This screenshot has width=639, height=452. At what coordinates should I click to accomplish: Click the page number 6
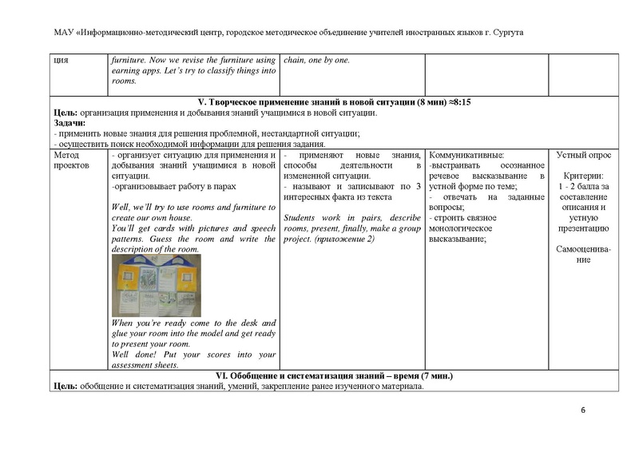click(583, 410)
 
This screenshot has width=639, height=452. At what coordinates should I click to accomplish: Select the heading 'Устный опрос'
click(581, 155)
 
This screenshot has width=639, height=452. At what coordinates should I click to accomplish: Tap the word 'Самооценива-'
click(582, 248)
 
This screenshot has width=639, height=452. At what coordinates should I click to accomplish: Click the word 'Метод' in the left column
click(66, 155)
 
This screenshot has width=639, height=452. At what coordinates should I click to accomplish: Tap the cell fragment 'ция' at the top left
click(59, 60)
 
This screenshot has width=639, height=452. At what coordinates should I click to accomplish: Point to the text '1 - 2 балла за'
click(582, 186)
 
